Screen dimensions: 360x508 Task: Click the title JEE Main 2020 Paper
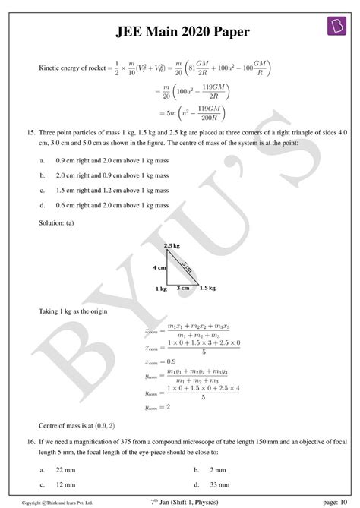[180, 33]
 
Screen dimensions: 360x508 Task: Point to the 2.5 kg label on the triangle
[172, 247]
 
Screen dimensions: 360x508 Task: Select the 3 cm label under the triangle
[183, 289]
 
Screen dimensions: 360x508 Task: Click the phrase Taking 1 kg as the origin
[74, 311]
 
